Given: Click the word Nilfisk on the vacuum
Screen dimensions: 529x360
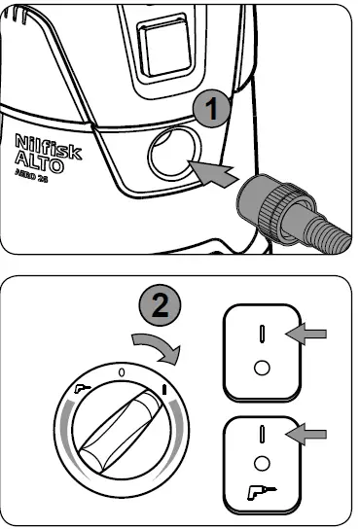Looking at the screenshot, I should (49, 147).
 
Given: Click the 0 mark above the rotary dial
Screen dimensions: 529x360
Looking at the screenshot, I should (120, 371).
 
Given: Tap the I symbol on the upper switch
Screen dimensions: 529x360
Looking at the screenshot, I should (262, 334).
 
